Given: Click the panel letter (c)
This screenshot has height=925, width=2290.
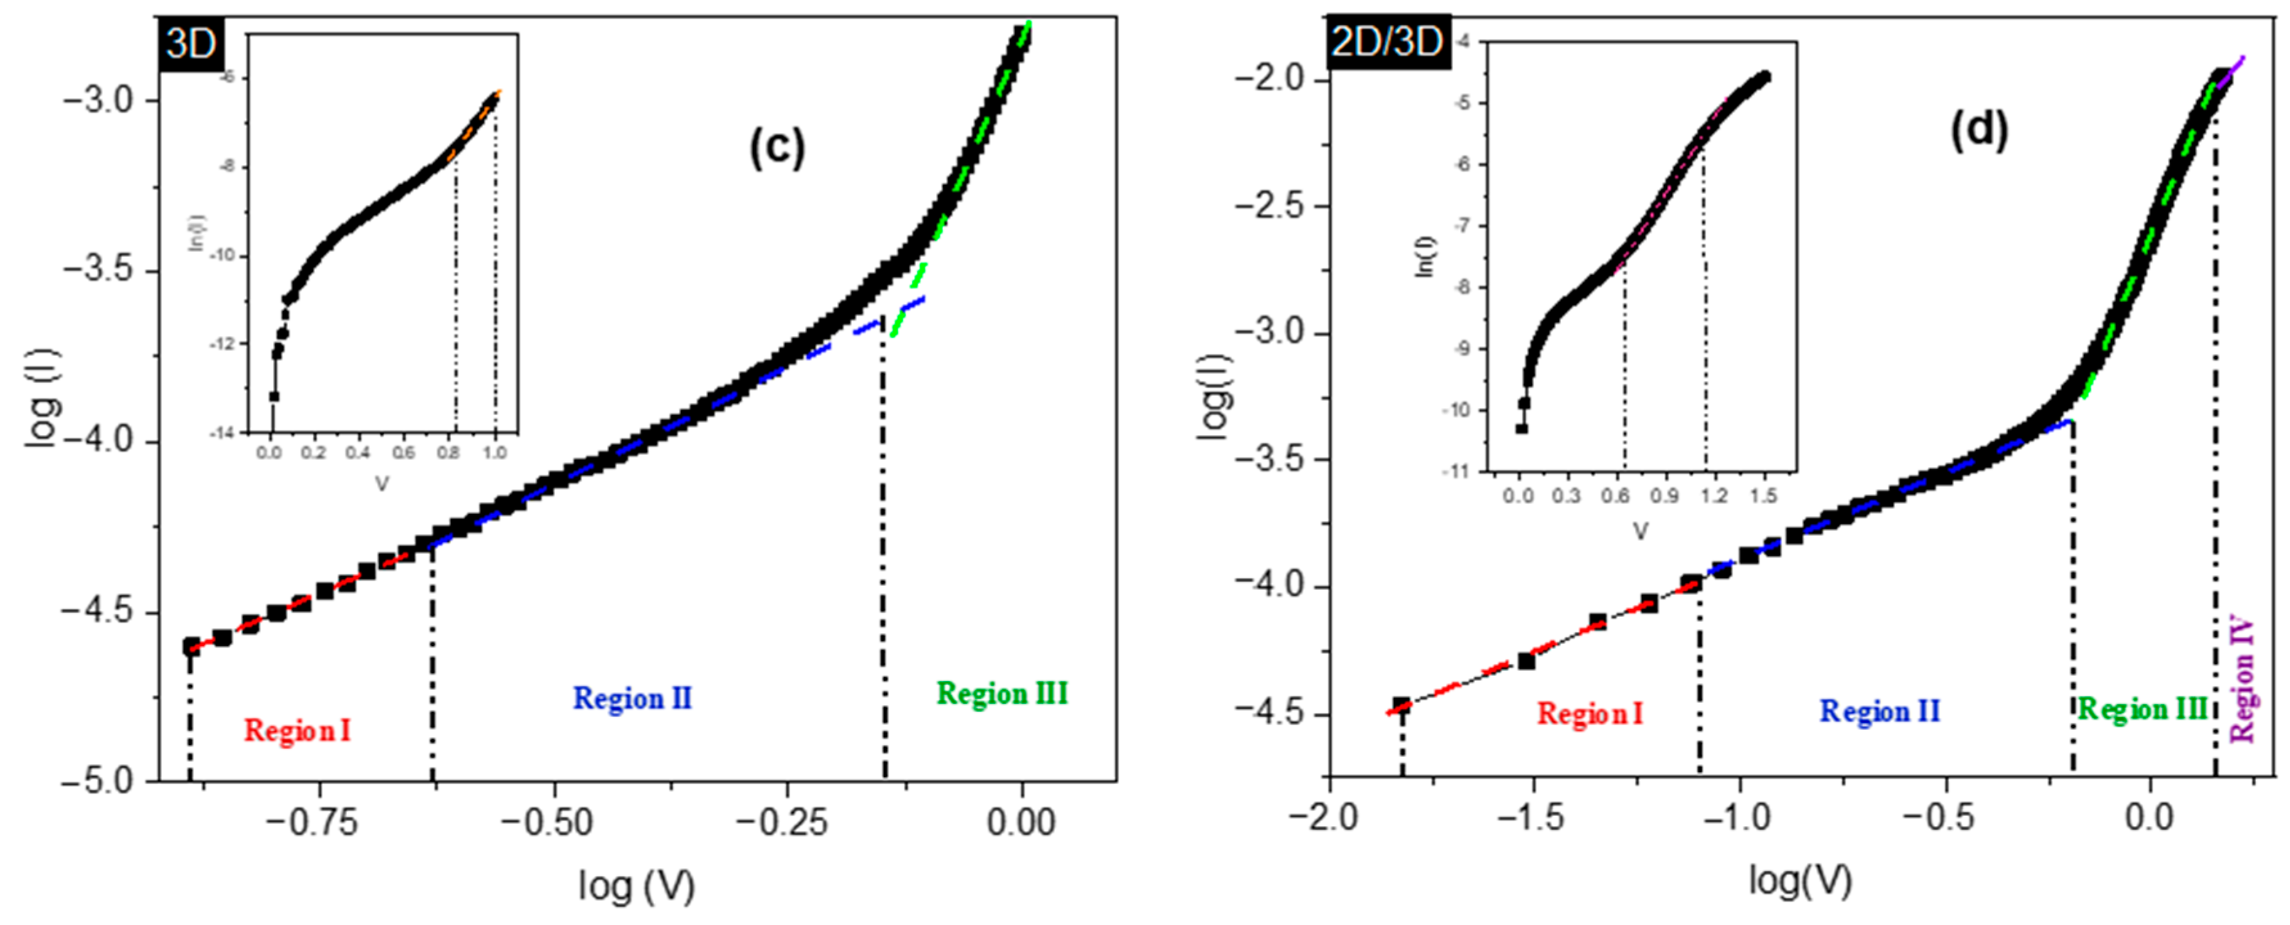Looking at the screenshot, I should pyautogui.click(x=776, y=148).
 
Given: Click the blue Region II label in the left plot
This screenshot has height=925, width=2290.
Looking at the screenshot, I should pyautogui.click(x=632, y=698).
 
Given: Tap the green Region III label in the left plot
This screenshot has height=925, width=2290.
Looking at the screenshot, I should pyautogui.click(x=1002, y=694).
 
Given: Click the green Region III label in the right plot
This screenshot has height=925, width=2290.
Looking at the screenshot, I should pyautogui.click(x=2142, y=709).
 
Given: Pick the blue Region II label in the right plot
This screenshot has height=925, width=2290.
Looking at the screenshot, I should pyautogui.click(x=1880, y=711).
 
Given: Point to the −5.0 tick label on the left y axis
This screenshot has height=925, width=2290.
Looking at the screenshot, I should pyautogui.click(x=97, y=782).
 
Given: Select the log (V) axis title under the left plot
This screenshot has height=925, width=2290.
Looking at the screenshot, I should pyautogui.click(x=636, y=886).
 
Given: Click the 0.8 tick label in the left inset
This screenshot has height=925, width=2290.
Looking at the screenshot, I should pyautogui.click(x=449, y=452).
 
